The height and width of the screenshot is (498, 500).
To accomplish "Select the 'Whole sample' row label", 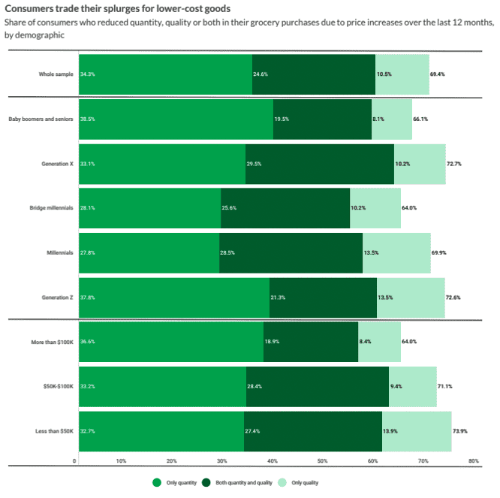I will pos(56,74).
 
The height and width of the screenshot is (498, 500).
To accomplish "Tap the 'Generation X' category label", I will pos(57,163).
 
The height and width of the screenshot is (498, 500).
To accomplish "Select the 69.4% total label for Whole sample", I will pos(439,74).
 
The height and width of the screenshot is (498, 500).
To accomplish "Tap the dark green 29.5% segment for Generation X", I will pos(319,163).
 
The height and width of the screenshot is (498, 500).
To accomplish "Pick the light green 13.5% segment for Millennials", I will pos(396,252).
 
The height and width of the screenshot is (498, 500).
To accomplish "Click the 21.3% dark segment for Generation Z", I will pos(323,297).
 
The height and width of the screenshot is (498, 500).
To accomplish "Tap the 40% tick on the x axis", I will pos(273,460).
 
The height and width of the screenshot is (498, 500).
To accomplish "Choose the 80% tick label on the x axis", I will pos(473,460).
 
